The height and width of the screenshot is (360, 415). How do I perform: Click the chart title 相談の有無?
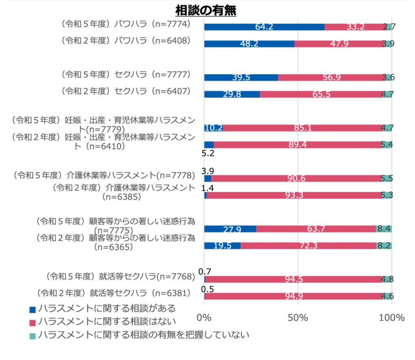pos(206,10)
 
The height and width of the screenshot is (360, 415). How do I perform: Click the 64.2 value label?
pos(264,27)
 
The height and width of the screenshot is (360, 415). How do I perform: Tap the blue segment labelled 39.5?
pos(241,77)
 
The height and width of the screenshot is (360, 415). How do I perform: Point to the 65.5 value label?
pos(321,94)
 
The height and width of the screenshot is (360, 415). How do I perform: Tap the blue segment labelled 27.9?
pos(230,229)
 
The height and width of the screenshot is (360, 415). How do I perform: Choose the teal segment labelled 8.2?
pos(384,246)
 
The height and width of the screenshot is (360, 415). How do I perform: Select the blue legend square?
pos(32,310)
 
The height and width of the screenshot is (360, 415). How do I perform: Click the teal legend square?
pos(32,336)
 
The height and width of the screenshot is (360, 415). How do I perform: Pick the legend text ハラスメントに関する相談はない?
pos(107,322)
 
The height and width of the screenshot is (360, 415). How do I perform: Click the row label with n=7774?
pos(126,24)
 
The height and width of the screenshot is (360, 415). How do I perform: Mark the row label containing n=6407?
pos(126,91)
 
